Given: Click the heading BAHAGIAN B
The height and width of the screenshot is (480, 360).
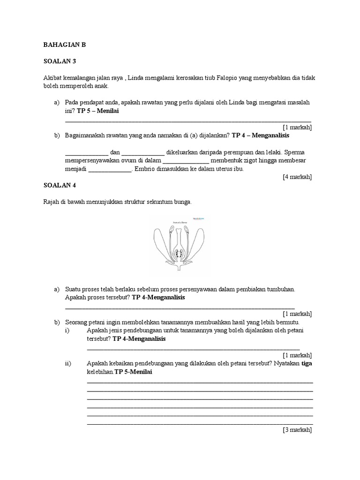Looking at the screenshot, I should point(65,45).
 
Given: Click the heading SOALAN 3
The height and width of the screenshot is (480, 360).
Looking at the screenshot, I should point(59,61).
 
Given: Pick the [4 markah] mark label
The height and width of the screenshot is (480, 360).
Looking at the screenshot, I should point(297,177).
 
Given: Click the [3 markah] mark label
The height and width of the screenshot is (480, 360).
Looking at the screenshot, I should point(297,429).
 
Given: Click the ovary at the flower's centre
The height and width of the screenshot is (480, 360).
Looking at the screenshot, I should point(179,253).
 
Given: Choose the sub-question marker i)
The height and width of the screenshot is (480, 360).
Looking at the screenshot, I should point(67,330).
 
